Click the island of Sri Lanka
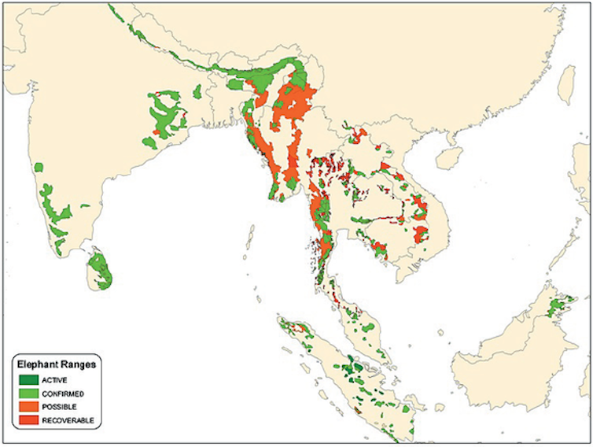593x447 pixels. pyautogui.click(x=101, y=269)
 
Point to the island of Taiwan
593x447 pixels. pyautogui.click(x=565, y=85)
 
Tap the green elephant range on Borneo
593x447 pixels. pyautogui.click(x=559, y=305)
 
